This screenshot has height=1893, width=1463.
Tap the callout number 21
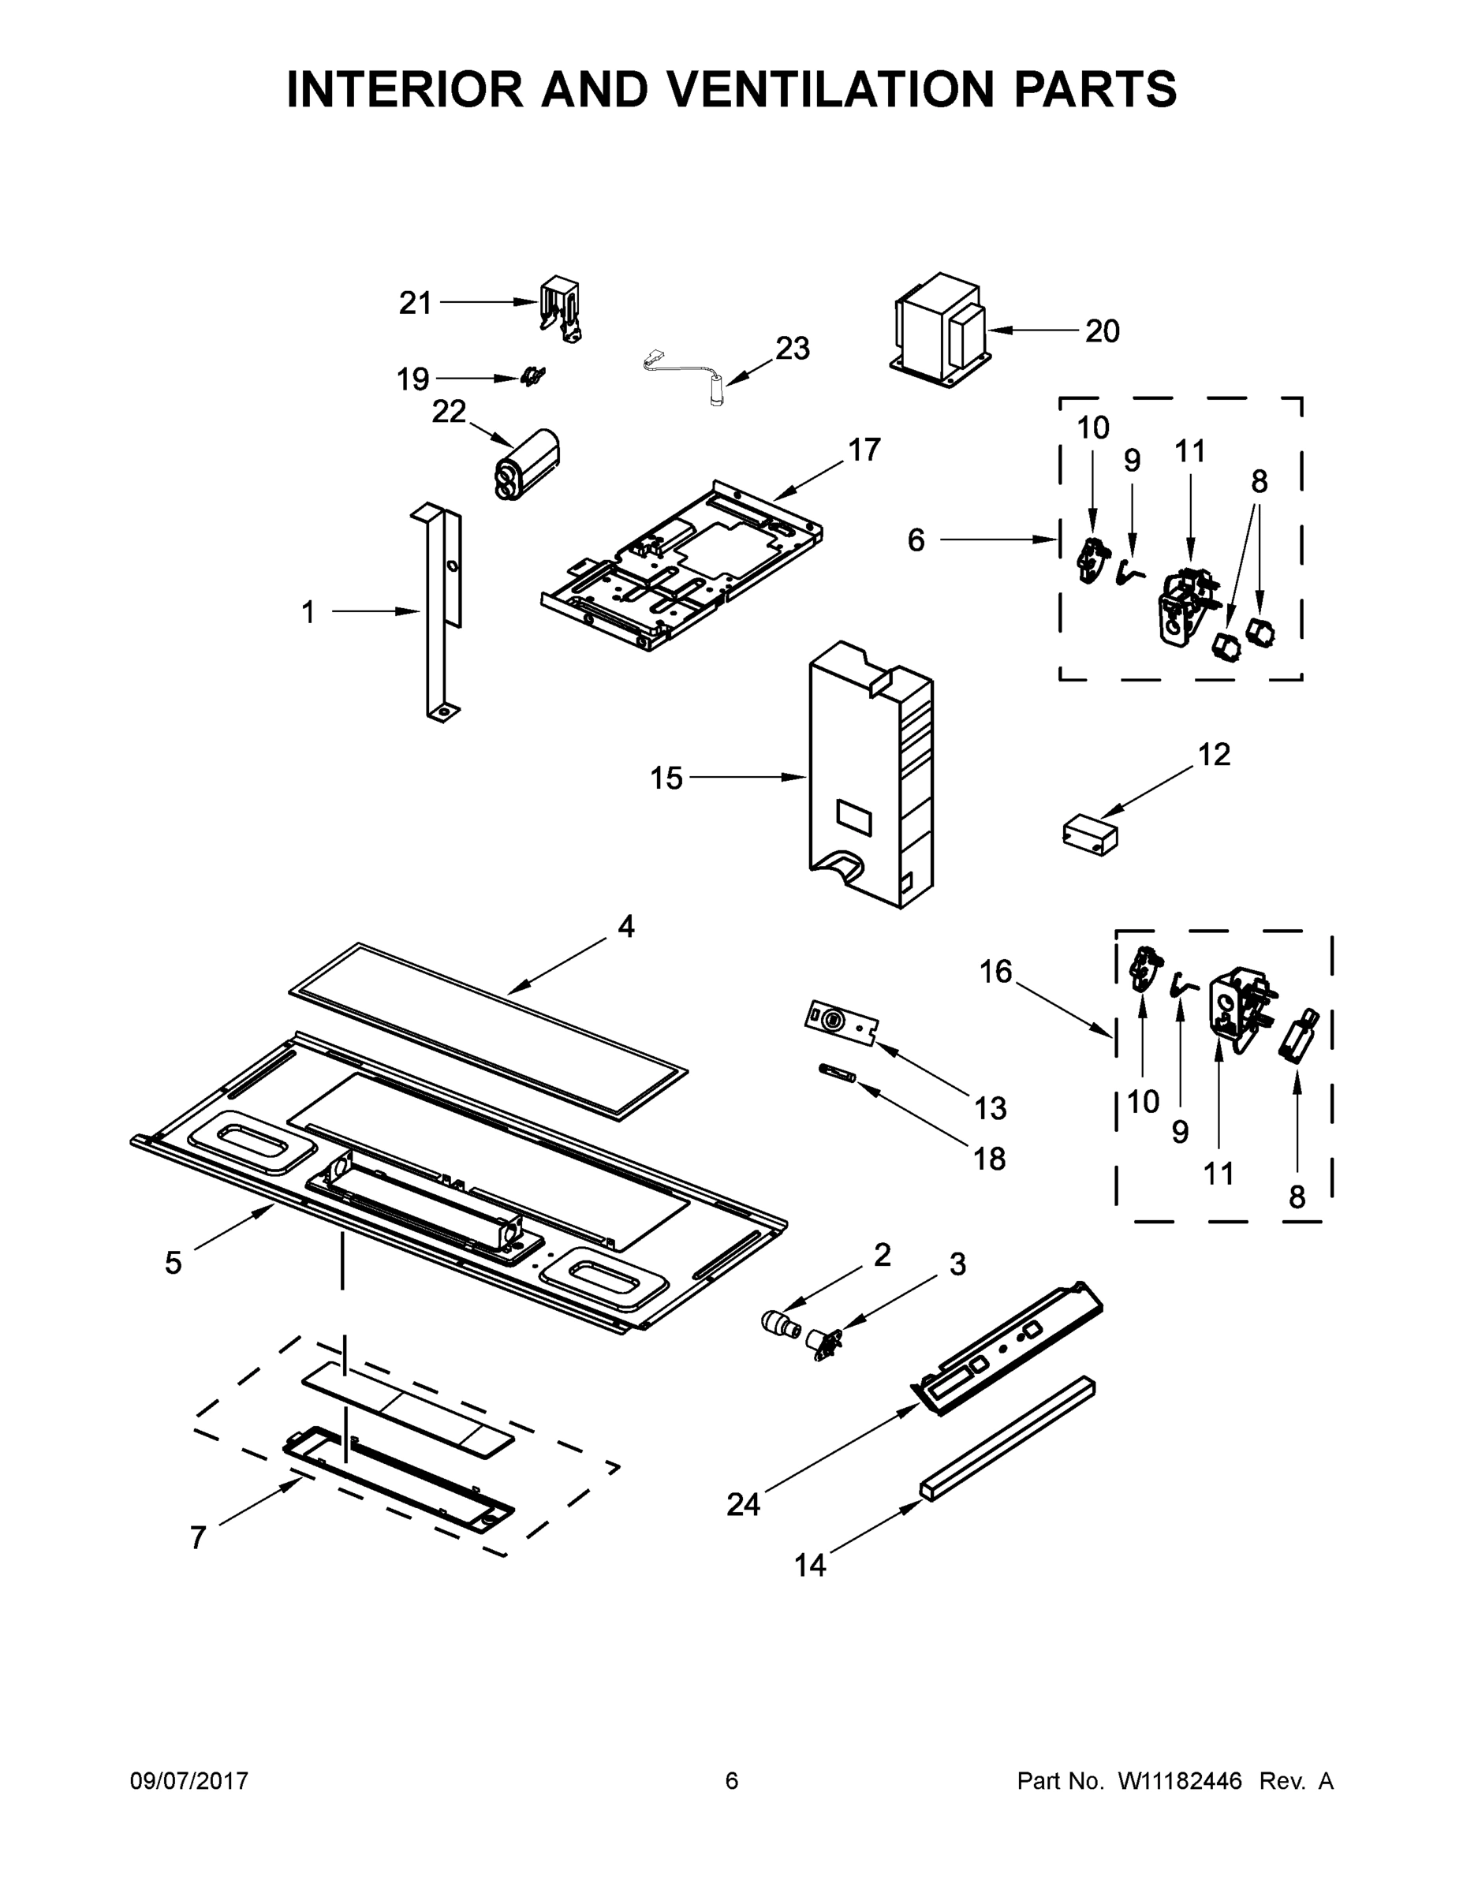tap(415, 304)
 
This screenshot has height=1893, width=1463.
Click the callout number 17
tap(864, 450)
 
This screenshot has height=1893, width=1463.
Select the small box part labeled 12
tap(1090, 834)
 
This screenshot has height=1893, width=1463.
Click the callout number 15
tap(666, 778)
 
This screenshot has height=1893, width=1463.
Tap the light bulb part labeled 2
tap(780, 1325)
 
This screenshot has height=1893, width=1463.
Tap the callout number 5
tap(174, 1264)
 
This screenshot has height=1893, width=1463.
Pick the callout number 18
tap(989, 1159)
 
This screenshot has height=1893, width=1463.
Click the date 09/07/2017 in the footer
tap(189, 1781)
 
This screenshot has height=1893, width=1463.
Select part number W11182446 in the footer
tap(1180, 1781)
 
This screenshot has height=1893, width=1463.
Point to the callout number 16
tap(996, 972)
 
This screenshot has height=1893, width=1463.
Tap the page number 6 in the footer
tap(732, 1781)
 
